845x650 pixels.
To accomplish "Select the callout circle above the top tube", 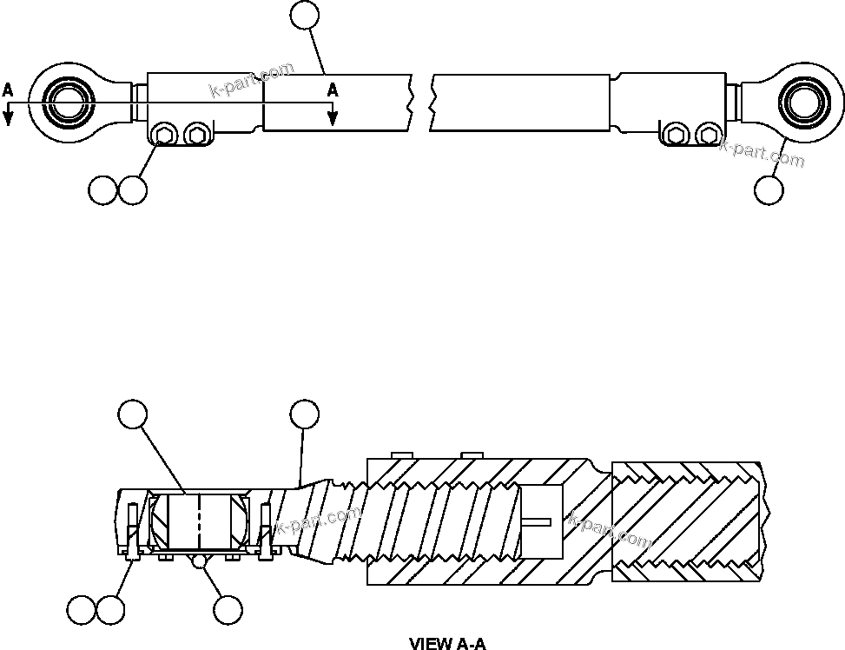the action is coord(304,14).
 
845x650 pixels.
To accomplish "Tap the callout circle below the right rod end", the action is coord(768,189).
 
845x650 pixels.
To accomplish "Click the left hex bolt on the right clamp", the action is coord(673,134).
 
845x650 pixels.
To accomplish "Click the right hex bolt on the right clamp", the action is coord(707,134).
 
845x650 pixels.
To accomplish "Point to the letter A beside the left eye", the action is coord(8,90).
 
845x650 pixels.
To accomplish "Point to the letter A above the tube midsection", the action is coord(332,90).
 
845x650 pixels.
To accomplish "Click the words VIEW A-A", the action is coord(447,643).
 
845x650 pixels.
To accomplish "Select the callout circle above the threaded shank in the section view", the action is coord(304,414).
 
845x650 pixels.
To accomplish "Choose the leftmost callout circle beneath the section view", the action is coord(82,610).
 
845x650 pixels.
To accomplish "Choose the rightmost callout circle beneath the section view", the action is coord(228,610).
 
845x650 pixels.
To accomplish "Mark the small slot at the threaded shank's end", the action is coord(538,521).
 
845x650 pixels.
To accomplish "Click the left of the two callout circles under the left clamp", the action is coord(102,189).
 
